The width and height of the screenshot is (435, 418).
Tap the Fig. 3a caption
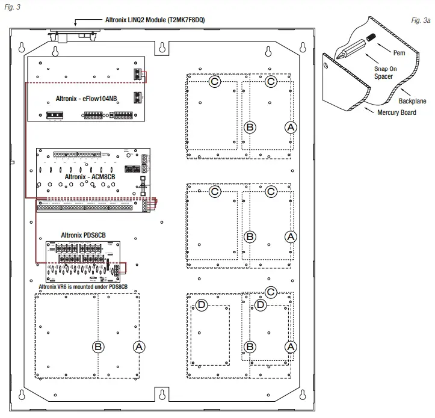[x=421, y=20]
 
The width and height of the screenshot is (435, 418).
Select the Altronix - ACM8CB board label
[x=90, y=177]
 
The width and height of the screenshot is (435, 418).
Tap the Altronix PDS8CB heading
[x=84, y=235]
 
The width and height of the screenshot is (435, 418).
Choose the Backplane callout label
[x=412, y=101]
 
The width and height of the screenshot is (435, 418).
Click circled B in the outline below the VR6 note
[x=98, y=346]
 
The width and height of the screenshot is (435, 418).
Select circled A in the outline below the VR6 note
[x=140, y=346]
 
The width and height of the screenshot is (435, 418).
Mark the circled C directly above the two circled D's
[x=271, y=292]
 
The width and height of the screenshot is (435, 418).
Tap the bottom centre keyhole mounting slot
[x=162, y=394]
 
